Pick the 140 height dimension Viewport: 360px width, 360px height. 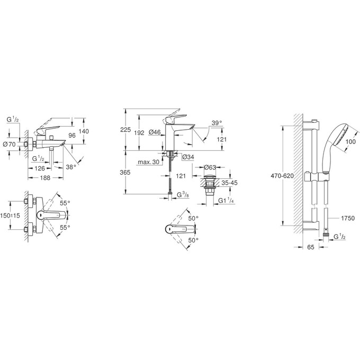tap(84, 131)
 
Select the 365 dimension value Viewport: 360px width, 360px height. tap(125, 173)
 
